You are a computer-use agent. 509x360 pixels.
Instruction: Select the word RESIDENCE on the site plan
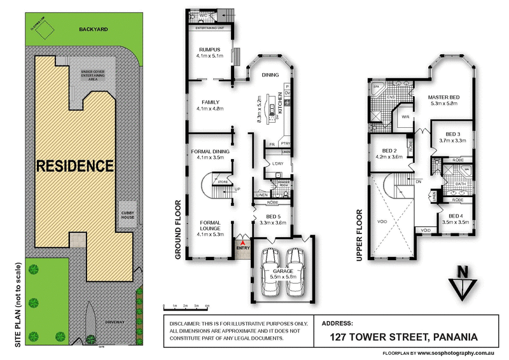tap(74, 167)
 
